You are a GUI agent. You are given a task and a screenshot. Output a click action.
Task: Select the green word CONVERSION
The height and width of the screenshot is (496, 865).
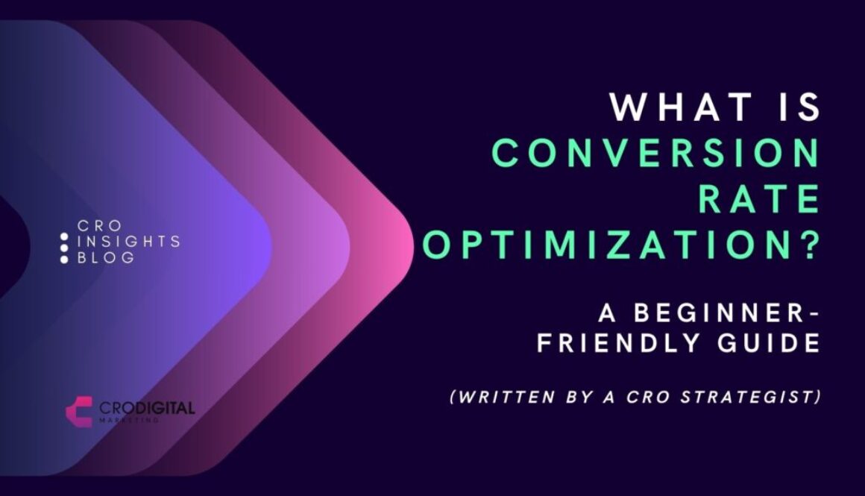point(656,154)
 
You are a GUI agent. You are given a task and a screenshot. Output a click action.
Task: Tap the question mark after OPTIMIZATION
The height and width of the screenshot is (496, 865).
point(806,246)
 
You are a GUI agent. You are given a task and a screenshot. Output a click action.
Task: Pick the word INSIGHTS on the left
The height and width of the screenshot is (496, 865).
point(128,242)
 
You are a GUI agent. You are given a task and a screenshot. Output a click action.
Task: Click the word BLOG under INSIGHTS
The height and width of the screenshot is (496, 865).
point(106,258)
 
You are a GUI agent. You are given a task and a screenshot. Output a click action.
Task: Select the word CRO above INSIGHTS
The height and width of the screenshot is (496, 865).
point(98,225)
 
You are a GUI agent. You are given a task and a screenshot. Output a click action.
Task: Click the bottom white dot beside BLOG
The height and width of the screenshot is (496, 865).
point(65,259)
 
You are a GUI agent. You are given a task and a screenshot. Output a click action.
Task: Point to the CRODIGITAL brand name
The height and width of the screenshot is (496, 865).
point(146,408)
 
